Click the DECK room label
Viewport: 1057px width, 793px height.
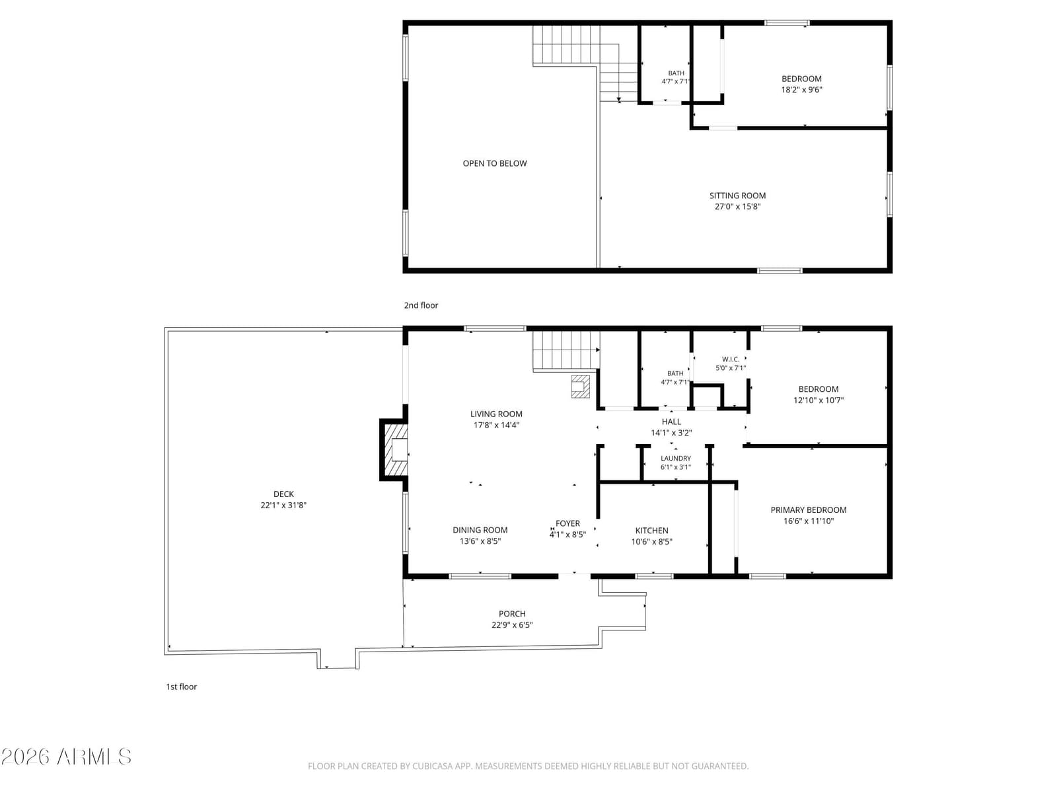(283, 494)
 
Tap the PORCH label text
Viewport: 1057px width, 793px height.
(512, 614)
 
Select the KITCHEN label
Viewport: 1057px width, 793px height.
(651, 531)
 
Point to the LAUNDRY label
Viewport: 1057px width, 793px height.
(676, 459)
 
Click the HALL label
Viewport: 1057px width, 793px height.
(671, 422)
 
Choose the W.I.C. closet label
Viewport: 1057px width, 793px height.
(731, 359)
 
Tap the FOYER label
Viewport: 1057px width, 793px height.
(567, 523)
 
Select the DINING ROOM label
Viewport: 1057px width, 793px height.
(480, 530)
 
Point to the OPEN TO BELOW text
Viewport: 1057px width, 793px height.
(495, 163)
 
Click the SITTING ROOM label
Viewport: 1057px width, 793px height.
(737, 196)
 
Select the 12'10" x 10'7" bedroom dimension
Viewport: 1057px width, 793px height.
(819, 400)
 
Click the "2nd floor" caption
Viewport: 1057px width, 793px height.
(421, 305)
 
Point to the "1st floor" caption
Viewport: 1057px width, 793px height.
(182, 687)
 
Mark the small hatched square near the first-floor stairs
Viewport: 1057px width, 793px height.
(581, 387)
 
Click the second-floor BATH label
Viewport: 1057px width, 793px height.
(676, 73)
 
